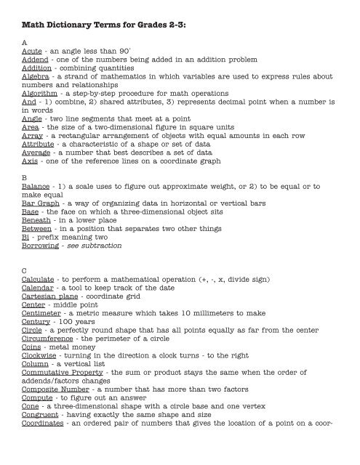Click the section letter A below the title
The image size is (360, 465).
(x=25, y=42)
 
